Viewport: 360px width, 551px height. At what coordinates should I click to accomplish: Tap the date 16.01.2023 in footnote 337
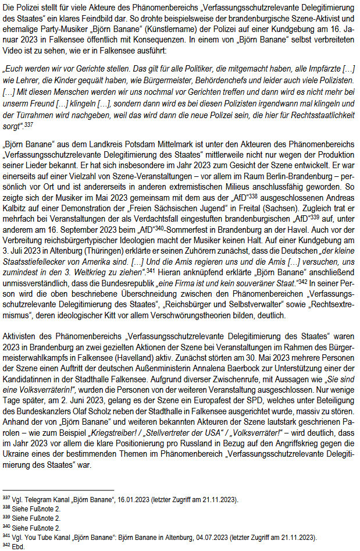132,500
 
